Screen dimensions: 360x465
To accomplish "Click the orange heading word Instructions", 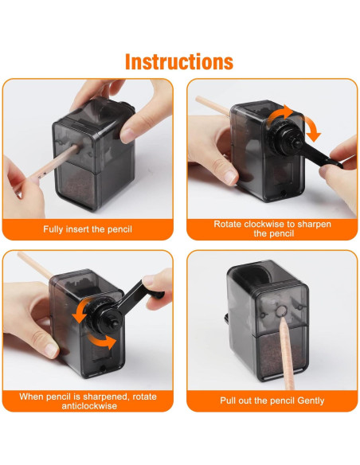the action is click(179, 61).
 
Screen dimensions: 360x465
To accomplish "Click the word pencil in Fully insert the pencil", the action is click(119, 229).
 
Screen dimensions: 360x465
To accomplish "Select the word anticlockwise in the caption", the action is click(89, 405).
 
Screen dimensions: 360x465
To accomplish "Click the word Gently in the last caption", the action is click(311, 401).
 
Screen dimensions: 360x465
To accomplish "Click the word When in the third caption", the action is click(29, 397).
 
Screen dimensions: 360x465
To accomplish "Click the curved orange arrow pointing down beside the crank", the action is click(313, 129).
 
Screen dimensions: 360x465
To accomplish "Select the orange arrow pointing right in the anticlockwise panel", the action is click(102, 342).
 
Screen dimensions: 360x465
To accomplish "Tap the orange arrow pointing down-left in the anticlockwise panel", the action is click(80, 311).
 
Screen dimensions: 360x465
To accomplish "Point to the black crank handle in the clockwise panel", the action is click(322, 155).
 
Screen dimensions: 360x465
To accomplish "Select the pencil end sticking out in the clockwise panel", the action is click(213, 105).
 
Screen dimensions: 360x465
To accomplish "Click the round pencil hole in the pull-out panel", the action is click(281, 311).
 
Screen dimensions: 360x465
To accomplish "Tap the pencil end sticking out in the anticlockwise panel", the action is click(35, 265).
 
